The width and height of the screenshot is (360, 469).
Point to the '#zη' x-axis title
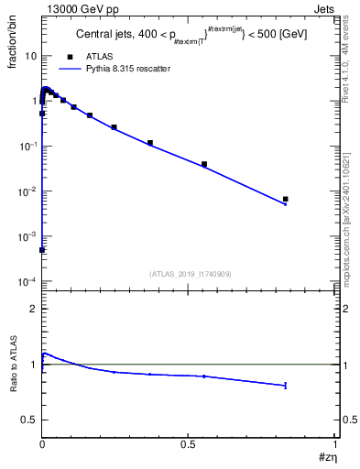point(328,459)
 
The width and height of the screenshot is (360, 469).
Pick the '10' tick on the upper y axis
point(31,56)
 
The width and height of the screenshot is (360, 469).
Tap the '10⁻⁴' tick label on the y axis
point(29,281)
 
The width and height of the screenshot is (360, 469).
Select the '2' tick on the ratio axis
point(34,309)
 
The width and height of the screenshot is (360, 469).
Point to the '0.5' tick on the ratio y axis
point(30,420)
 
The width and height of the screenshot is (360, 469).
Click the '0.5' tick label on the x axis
point(189,443)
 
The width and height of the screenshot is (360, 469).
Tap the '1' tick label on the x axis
point(335,443)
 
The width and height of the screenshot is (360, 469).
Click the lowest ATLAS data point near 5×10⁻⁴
point(42,249)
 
